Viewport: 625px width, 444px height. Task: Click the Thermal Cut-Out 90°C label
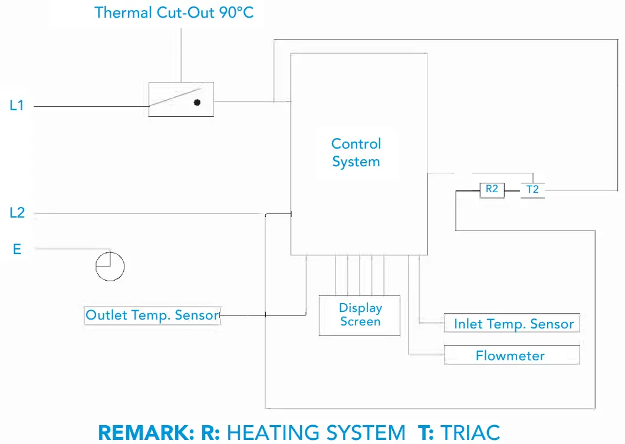point(174,12)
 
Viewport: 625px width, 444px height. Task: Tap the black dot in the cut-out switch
point(197,103)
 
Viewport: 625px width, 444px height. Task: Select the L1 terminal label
point(17,106)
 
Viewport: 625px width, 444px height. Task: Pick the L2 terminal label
point(17,213)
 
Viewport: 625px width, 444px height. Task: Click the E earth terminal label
point(17,249)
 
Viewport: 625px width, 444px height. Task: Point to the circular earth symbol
point(110,267)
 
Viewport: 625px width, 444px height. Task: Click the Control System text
point(356,153)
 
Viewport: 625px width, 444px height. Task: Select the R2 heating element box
point(492,190)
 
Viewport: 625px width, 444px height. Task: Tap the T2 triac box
point(532,190)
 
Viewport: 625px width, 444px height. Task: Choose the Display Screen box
point(360,315)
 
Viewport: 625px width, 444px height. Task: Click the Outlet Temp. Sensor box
point(152,315)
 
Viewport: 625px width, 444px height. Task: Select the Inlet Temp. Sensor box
point(512,324)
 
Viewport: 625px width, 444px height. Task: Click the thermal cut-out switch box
point(180,99)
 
